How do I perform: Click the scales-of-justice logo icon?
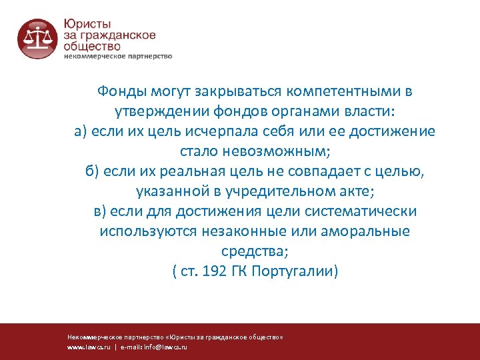pyautogui.click(x=37, y=39)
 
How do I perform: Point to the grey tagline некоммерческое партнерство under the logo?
pyautogui.click(x=118, y=56)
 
